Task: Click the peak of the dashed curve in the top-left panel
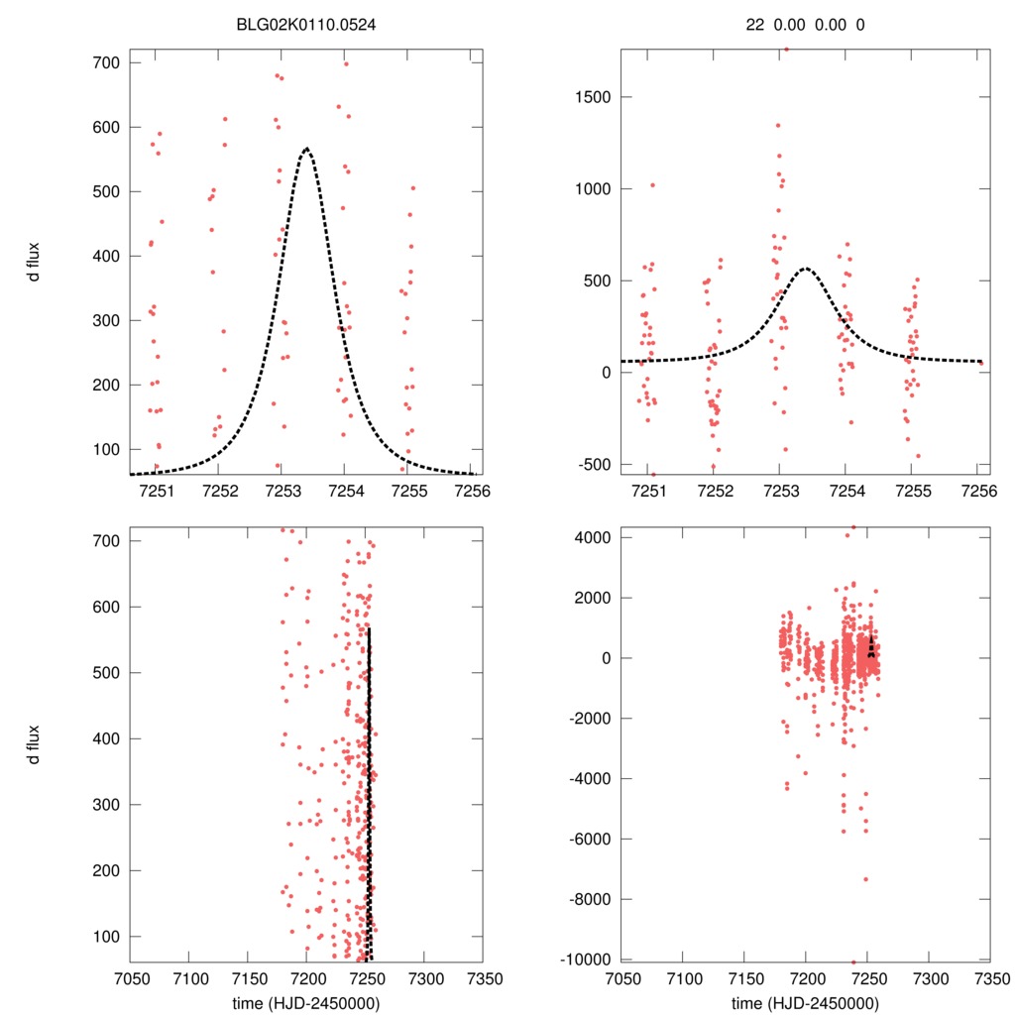pos(306,149)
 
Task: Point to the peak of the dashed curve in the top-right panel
pos(806,269)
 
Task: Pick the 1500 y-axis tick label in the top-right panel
pos(594,97)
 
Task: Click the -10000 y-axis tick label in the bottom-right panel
pos(588,959)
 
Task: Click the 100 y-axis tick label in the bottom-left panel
pos(106,936)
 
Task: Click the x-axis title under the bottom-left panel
pos(306,1002)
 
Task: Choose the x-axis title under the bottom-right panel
pos(805,1002)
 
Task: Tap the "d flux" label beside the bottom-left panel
pos(34,744)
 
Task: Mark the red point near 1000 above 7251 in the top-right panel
pos(652,185)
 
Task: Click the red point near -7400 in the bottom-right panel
pos(865,879)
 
